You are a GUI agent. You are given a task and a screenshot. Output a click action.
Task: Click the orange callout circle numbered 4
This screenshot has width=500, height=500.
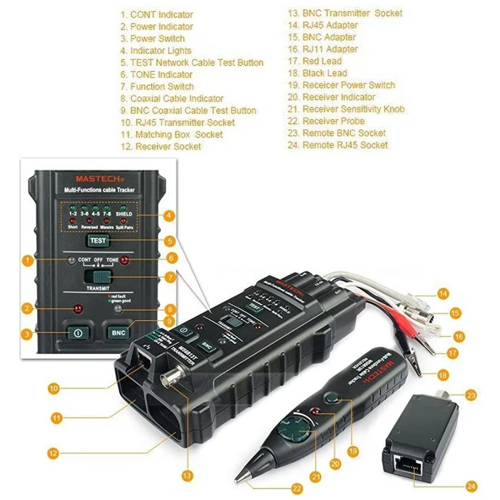tap(170, 215)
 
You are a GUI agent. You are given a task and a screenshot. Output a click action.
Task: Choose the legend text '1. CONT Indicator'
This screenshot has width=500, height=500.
tap(156, 14)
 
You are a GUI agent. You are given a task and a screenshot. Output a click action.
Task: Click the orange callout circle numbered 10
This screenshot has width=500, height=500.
tap(53, 389)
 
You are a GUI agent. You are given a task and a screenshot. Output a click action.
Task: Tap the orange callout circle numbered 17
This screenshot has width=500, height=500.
tap(453, 352)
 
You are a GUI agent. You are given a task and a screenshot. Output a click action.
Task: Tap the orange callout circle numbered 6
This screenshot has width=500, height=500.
tap(170, 258)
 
